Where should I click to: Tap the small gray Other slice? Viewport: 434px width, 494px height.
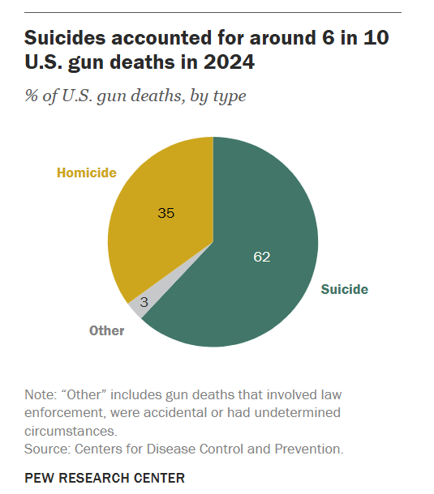click(139, 307)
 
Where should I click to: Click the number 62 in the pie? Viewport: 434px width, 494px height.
click(262, 257)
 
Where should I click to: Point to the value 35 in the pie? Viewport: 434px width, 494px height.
click(166, 213)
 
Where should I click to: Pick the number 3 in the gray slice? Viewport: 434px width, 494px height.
click(144, 302)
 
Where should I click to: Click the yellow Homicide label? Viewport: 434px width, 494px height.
click(87, 173)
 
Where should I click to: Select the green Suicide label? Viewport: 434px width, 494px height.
click(345, 290)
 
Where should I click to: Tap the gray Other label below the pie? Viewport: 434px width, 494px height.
click(107, 330)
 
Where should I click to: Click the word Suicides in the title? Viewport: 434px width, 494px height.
click(65, 38)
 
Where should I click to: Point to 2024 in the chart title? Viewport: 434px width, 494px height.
click(229, 62)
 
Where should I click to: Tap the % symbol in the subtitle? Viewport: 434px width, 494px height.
click(32, 95)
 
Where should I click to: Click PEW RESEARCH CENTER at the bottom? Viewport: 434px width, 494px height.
click(105, 478)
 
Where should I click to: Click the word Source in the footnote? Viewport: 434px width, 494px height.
click(47, 449)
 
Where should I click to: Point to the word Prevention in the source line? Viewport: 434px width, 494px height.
click(309, 449)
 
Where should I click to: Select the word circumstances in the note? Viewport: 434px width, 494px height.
click(71, 432)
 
